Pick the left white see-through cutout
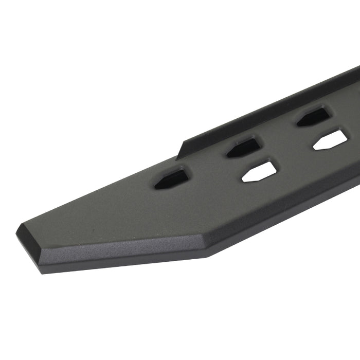pyautogui.click(x=259, y=172)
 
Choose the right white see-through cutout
pyautogui.click(x=331, y=140)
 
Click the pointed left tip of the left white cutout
pyautogui.click(x=242, y=180)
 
